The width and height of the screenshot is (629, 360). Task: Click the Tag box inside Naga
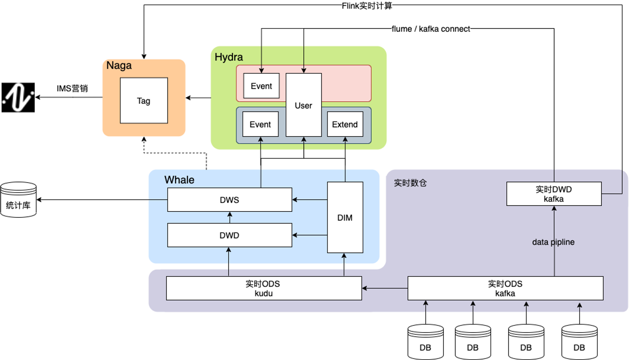click(x=144, y=101)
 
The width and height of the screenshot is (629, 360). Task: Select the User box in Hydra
click(x=303, y=105)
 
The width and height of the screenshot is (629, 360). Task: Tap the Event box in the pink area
click(x=261, y=86)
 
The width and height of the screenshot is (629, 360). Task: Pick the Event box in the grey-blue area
click(x=260, y=124)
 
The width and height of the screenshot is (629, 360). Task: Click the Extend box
click(x=345, y=124)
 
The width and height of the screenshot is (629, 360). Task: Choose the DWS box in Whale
click(x=230, y=200)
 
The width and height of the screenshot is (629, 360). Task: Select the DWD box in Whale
click(x=230, y=235)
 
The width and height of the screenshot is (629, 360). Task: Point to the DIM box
click(x=345, y=217)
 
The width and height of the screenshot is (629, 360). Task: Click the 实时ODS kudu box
click(x=264, y=288)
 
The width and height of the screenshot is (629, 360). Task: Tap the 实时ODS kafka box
click(x=505, y=288)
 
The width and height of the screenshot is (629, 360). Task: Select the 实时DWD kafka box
click(x=554, y=194)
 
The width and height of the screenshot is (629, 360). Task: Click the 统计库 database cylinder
click(x=18, y=200)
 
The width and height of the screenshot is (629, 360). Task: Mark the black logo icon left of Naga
click(x=18, y=97)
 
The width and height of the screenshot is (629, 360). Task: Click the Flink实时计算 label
click(x=367, y=6)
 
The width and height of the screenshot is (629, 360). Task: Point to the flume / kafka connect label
click(x=431, y=29)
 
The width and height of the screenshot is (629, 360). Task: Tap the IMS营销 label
click(x=72, y=88)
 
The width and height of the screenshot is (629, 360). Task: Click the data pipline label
click(x=553, y=242)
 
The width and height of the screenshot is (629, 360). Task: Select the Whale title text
click(x=179, y=180)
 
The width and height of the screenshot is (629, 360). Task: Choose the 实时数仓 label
click(x=410, y=183)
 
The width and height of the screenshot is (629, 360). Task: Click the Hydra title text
click(x=229, y=57)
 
